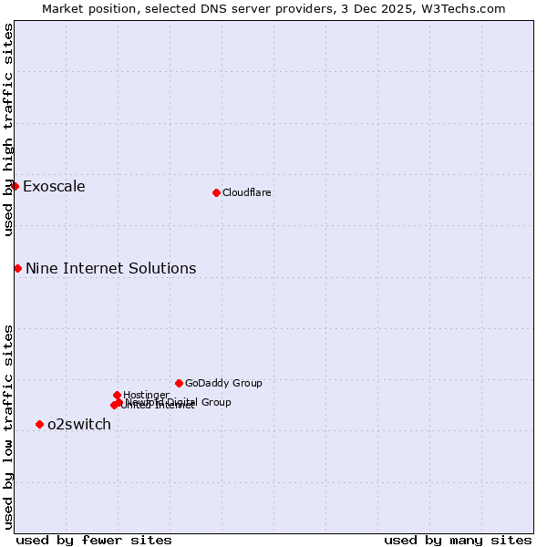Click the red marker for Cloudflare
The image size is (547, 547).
coord(216,192)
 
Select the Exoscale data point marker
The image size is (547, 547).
coord(15,186)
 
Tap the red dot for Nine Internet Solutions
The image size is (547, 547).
coord(17,268)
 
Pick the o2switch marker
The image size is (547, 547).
coord(39,424)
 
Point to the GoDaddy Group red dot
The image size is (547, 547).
coord(179,383)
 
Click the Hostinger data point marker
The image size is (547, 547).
coord(117,395)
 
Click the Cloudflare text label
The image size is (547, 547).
coord(246,192)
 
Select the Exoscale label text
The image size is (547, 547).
coord(54,187)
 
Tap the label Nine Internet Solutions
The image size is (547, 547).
coord(110,268)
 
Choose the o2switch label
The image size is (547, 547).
coord(78,424)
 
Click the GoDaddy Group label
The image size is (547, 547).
coord(223,383)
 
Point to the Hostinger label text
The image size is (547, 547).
coord(146,395)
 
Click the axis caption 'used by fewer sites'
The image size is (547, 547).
coord(94,540)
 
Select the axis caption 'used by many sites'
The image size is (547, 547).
coord(458,540)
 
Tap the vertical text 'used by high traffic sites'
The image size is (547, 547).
coord(8,129)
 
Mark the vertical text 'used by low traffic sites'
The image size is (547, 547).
coord(8,427)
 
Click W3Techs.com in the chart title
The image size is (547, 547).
coord(463,8)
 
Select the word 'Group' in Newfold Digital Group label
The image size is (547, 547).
coord(214,402)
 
